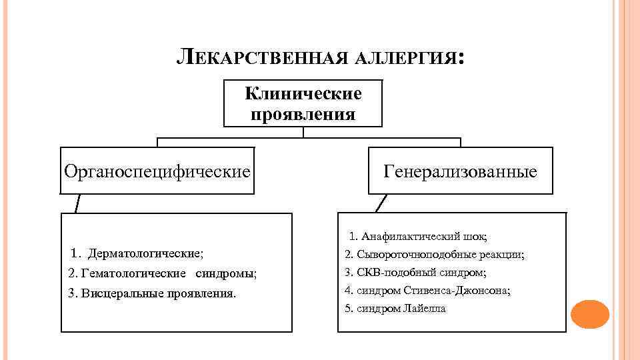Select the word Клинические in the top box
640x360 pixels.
pyautogui.click(x=303, y=93)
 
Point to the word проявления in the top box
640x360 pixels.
pyautogui.click(x=303, y=114)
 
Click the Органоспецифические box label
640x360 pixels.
pyautogui.click(x=157, y=171)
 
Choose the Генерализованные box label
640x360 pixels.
pyautogui.click(x=460, y=171)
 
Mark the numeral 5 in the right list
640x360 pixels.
pyautogui.click(x=347, y=309)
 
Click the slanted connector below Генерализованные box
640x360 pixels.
pyautogui.click(x=381, y=203)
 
